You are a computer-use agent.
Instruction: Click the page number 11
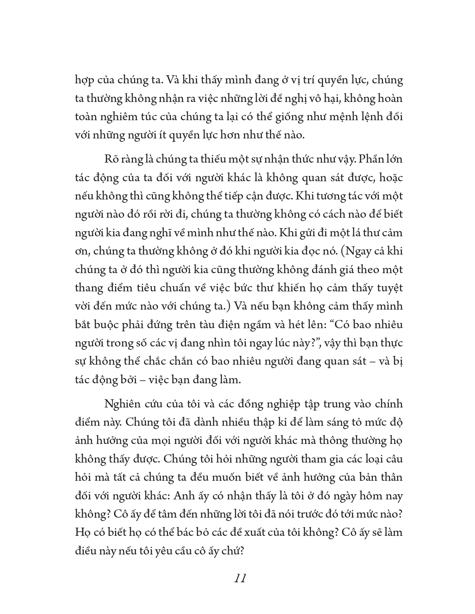pyautogui.click(x=240, y=579)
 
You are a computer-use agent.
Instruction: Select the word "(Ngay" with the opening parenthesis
pyautogui.click(x=356, y=251)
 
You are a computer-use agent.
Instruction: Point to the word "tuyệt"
pyautogui.click(x=390, y=288)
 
